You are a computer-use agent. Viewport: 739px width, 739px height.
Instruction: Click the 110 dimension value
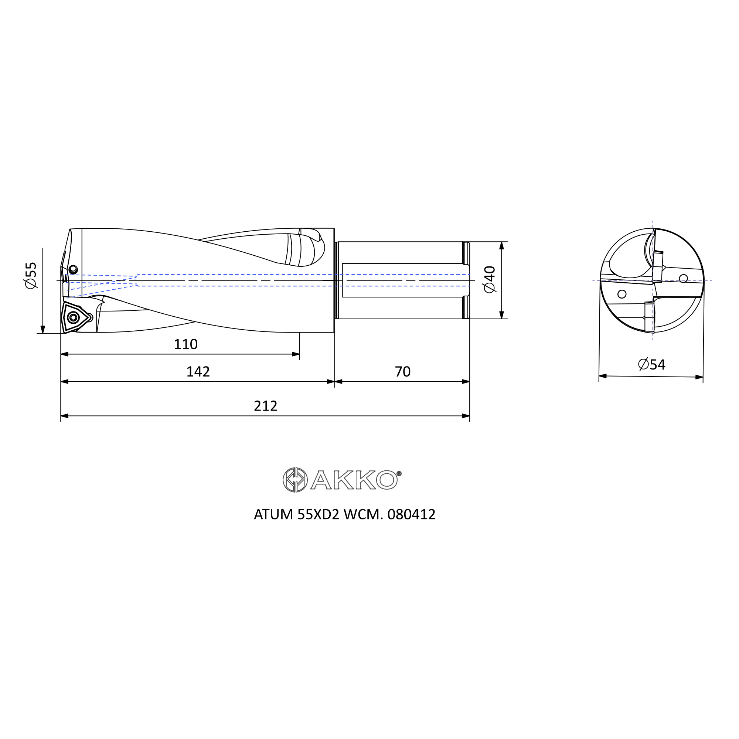click(x=185, y=345)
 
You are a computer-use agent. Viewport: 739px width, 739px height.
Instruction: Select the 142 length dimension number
click(x=198, y=372)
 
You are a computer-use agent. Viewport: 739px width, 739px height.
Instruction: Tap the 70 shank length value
click(x=402, y=372)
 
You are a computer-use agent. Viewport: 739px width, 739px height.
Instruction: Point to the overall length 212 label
click(x=265, y=406)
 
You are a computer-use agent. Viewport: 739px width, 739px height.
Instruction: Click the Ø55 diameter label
click(x=31, y=275)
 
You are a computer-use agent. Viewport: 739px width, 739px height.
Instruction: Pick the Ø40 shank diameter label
click(x=490, y=280)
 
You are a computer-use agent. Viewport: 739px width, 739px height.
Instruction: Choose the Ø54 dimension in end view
click(x=652, y=365)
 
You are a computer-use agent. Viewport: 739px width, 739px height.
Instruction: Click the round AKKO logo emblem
click(x=295, y=480)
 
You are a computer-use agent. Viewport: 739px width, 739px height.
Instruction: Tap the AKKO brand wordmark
click(x=354, y=480)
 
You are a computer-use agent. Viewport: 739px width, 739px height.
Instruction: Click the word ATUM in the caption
click(x=274, y=515)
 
